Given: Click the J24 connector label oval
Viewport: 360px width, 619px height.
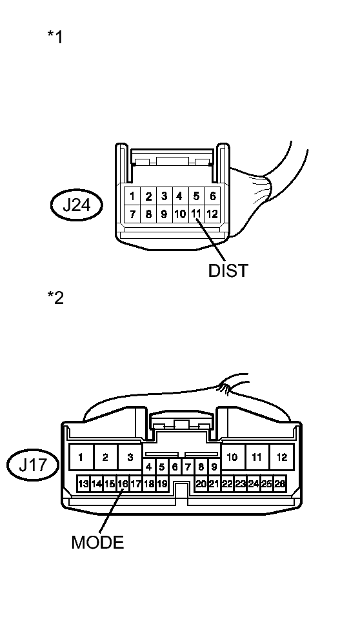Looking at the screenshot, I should [x=76, y=206].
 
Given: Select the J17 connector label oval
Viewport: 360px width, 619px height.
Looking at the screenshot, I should [x=33, y=465].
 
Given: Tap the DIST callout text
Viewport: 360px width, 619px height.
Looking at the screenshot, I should [x=228, y=270].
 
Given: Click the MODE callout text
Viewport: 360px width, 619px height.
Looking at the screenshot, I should [x=97, y=542].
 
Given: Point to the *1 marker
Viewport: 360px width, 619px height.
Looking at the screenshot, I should [x=55, y=37].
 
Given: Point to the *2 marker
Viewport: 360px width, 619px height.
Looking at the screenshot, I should [x=55, y=298].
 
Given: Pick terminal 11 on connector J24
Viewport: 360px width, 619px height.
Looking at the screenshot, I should [x=196, y=214].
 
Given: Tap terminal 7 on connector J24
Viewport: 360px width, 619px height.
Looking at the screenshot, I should [x=132, y=214].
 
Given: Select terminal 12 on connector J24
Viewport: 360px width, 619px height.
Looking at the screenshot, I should [x=212, y=214].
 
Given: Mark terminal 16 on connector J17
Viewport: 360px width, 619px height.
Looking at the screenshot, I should [x=123, y=483].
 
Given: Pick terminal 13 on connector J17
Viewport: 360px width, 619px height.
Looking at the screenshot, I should [x=83, y=483].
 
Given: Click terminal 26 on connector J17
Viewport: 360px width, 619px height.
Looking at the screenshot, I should [x=280, y=483].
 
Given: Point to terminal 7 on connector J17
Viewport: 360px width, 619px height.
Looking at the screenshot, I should [x=188, y=466].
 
